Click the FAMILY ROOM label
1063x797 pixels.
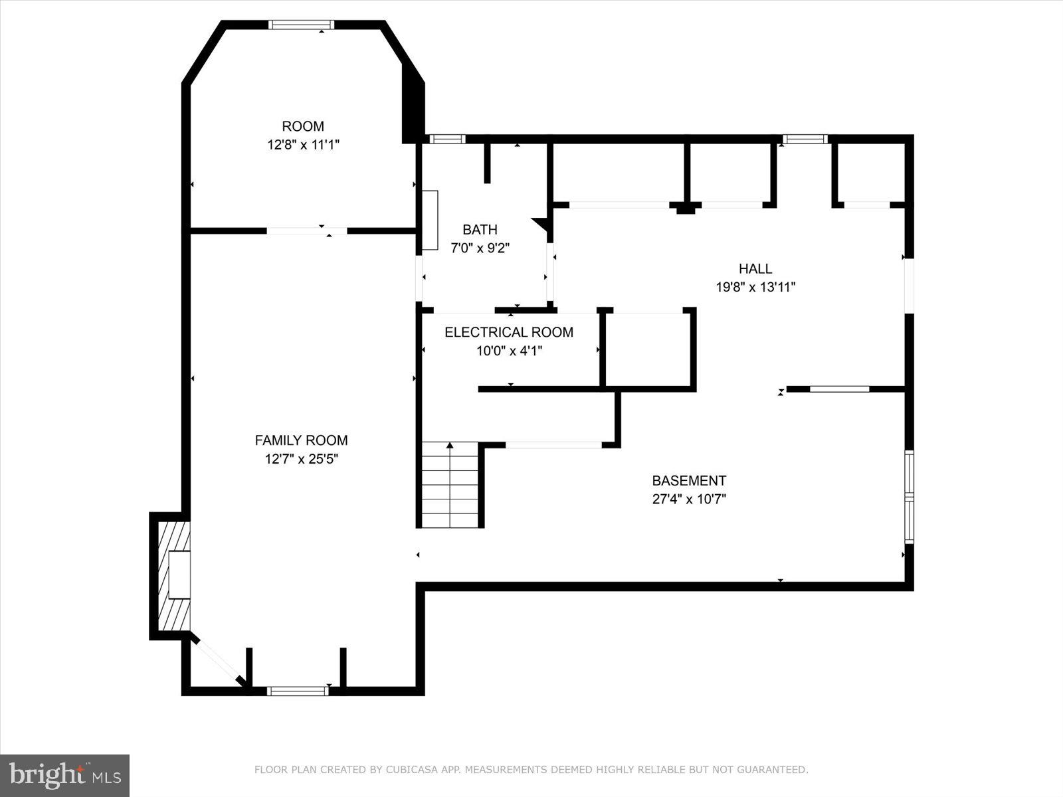[301, 440]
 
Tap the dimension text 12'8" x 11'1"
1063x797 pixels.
[304, 145]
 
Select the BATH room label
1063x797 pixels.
[480, 230]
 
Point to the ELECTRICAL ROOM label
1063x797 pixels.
[509, 332]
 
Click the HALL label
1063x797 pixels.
[755, 268]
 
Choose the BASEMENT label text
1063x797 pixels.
[689, 480]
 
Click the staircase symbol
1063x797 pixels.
[450, 486]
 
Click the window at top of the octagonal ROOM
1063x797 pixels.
[301, 25]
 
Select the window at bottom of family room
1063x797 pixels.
[298, 691]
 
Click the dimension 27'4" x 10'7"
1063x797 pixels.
[689, 499]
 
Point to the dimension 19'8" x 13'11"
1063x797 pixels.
[755, 288]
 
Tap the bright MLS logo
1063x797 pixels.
[64, 775]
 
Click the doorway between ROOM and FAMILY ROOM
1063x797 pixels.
[307, 231]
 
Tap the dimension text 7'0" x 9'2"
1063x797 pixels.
[480, 248]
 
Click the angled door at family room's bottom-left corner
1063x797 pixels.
[219, 661]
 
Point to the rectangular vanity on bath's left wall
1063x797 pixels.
[431, 220]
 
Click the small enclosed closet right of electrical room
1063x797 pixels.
[648, 349]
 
